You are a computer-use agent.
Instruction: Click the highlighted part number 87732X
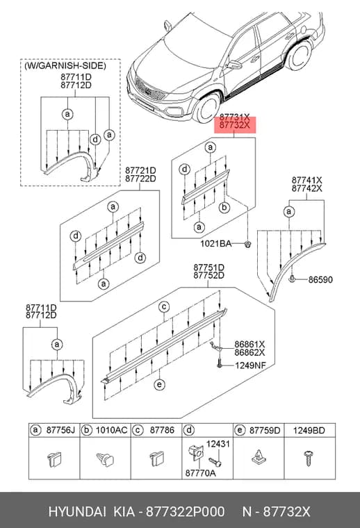tap(235, 126)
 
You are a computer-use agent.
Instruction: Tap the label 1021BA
tap(216, 243)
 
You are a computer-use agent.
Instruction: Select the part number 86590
tap(320, 279)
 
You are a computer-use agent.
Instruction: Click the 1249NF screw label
tap(250, 365)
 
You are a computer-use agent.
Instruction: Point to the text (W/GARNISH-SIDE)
tap(65, 66)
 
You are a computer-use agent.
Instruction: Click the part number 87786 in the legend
tap(163, 430)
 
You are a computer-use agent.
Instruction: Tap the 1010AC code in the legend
tap(112, 430)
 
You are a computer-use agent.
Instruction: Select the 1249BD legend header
tap(309, 430)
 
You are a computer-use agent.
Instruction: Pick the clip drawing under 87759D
tap(258, 458)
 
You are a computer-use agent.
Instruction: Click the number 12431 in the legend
tap(218, 444)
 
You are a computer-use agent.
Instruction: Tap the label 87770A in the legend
tap(200, 473)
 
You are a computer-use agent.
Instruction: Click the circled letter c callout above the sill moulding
tap(164, 307)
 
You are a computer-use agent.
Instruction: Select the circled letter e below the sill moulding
tap(159, 385)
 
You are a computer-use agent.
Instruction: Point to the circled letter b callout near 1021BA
tap(224, 208)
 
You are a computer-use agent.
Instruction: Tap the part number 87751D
tap(208, 267)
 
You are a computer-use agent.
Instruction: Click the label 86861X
tap(250, 345)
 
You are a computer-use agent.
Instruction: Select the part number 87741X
tap(306, 180)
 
